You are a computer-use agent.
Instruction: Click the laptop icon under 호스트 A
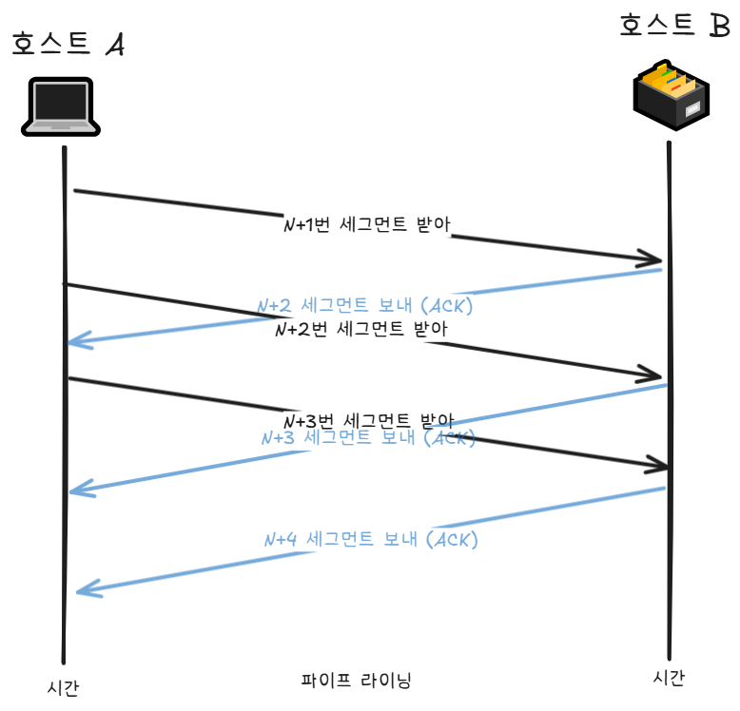(59, 106)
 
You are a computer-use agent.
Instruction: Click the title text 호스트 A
(67, 44)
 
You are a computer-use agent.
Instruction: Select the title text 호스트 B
(673, 25)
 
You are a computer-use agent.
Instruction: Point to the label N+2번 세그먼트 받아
(360, 329)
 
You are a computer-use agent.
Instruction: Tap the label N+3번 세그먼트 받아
(369, 420)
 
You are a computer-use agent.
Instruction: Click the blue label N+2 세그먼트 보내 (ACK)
(365, 306)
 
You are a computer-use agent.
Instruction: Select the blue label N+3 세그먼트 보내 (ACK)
(368, 438)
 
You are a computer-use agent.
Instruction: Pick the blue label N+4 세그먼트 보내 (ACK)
(370, 539)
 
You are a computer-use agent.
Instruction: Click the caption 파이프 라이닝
(356, 681)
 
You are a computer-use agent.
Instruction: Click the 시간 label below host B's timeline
(669, 677)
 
